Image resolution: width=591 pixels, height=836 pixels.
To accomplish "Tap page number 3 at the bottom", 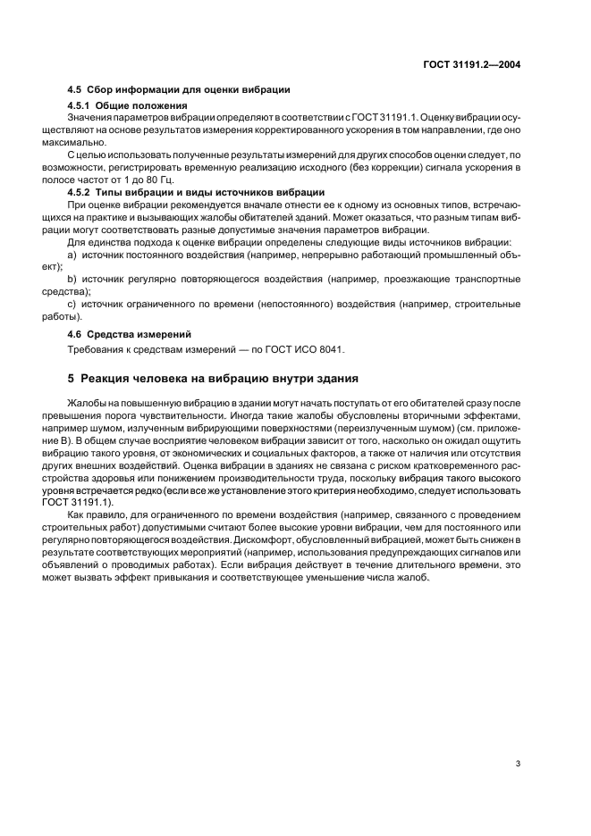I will tap(518, 763).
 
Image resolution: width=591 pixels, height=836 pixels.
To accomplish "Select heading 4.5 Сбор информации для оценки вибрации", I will tap(179, 91).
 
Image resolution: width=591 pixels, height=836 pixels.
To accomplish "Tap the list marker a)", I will tap(72, 255).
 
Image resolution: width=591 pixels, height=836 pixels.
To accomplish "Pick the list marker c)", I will tap(72, 305).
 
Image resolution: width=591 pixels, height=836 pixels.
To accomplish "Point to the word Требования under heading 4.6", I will tap(97, 349).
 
